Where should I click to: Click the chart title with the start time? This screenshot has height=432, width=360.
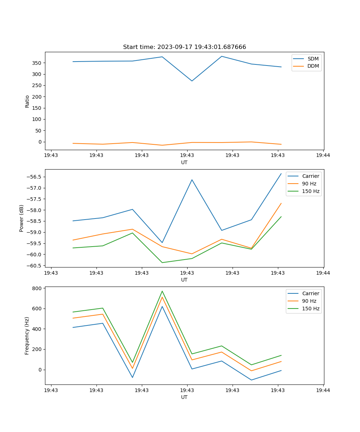(184, 47)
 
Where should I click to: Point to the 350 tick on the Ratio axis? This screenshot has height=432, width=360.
(37, 63)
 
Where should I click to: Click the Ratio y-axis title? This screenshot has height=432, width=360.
(27, 101)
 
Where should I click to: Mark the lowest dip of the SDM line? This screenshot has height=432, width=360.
(192, 81)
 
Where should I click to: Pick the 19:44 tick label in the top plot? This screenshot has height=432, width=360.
(323, 156)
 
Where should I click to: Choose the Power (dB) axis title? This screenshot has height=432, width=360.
(22, 218)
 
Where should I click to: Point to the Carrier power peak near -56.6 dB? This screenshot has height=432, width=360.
(192, 180)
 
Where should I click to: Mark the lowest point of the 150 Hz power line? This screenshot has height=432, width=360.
(162, 262)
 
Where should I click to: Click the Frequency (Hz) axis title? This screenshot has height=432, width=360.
(27, 336)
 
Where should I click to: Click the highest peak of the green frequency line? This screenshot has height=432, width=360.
(162, 291)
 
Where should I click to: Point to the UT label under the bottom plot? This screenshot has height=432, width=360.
(184, 397)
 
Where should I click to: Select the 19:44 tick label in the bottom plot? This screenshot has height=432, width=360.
(323, 390)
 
